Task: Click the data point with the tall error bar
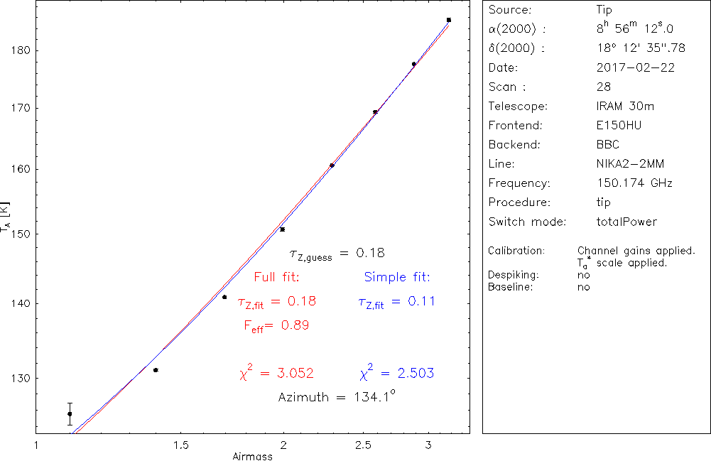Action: (70, 413)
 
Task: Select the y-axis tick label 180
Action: (16, 50)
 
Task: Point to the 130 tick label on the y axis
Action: (16, 378)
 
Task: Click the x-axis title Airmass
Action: (252, 457)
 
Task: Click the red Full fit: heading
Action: (277, 276)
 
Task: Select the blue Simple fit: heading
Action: (397, 276)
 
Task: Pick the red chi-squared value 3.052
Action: (277, 373)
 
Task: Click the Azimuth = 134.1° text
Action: (337, 397)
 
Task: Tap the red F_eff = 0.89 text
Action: (276, 325)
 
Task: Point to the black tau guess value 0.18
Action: (369, 253)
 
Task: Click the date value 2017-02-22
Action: (636, 68)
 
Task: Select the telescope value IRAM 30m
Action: (626, 107)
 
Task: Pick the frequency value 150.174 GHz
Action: (634, 183)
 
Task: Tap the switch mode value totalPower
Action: (627, 222)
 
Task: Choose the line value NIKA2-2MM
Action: (631, 164)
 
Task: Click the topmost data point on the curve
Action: (449, 20)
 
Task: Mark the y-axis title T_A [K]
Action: (7, 217)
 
